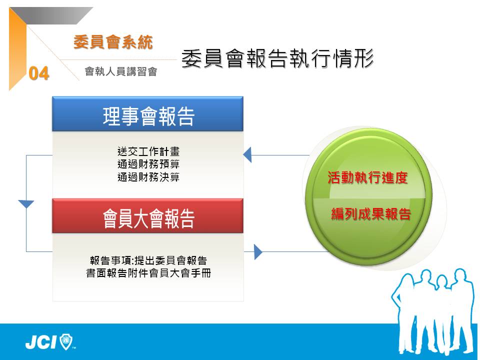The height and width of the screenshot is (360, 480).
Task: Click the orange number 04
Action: coord(39,73)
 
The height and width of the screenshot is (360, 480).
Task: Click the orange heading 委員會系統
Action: coord(113,42)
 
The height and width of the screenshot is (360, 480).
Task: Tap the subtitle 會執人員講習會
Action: coord(121,71)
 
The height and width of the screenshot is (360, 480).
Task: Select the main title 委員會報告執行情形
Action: coord(277,58)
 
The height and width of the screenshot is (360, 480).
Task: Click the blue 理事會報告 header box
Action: coord(148,114)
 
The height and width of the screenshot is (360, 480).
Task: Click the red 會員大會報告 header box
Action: coord(148,216)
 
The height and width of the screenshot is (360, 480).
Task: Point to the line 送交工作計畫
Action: coord(148,151)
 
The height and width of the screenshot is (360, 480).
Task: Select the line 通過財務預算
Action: coord(148,164)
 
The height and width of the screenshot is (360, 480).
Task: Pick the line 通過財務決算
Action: coord(148,177)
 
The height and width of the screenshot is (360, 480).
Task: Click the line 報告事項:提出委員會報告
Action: coord(148,260)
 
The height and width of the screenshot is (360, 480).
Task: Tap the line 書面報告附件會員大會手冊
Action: coord(148,273)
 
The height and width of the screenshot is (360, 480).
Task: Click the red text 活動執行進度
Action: coord(367,177)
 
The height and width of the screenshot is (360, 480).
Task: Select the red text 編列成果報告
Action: coord(371,213)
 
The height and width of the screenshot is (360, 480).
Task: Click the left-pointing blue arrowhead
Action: coord(247,154)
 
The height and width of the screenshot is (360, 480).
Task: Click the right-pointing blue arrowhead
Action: coord(258,252)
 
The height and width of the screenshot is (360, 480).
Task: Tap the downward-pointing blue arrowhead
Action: coord(26,204)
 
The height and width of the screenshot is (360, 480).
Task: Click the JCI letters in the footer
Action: coord(41,342)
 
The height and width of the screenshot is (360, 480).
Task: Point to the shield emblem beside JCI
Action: coord(66,341)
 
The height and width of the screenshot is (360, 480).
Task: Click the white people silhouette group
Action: coord(434,311)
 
